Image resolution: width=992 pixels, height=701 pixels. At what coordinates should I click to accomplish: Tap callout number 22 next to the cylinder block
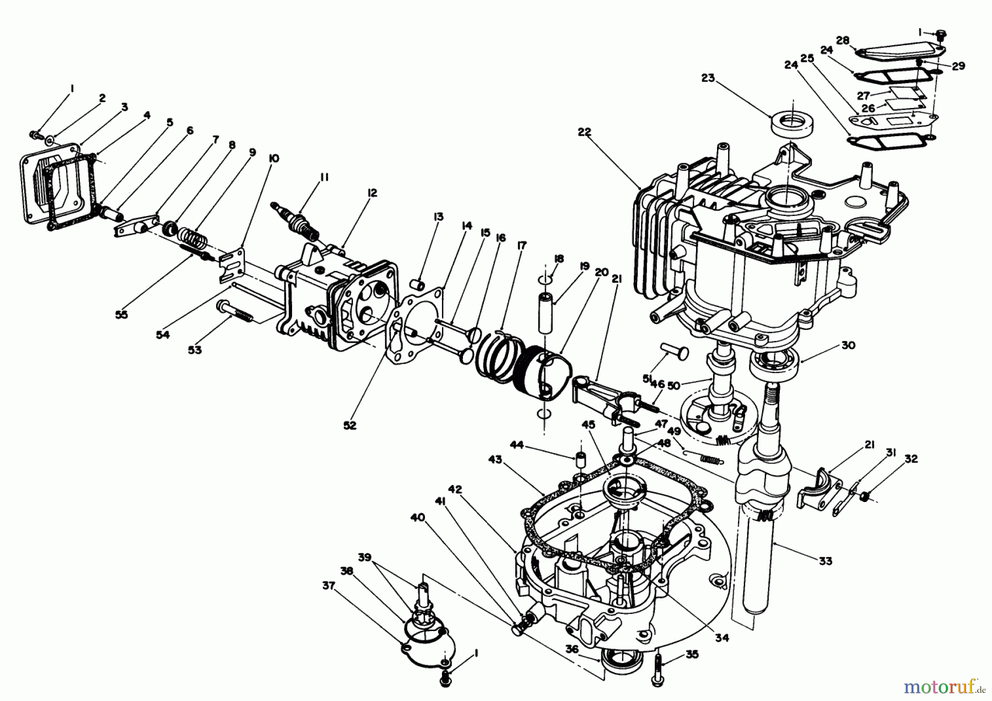click(585, 132)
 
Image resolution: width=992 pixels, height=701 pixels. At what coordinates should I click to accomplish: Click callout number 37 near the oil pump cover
click(328, 587)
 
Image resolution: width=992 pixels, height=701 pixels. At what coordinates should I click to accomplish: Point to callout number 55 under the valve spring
click(121, 314)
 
